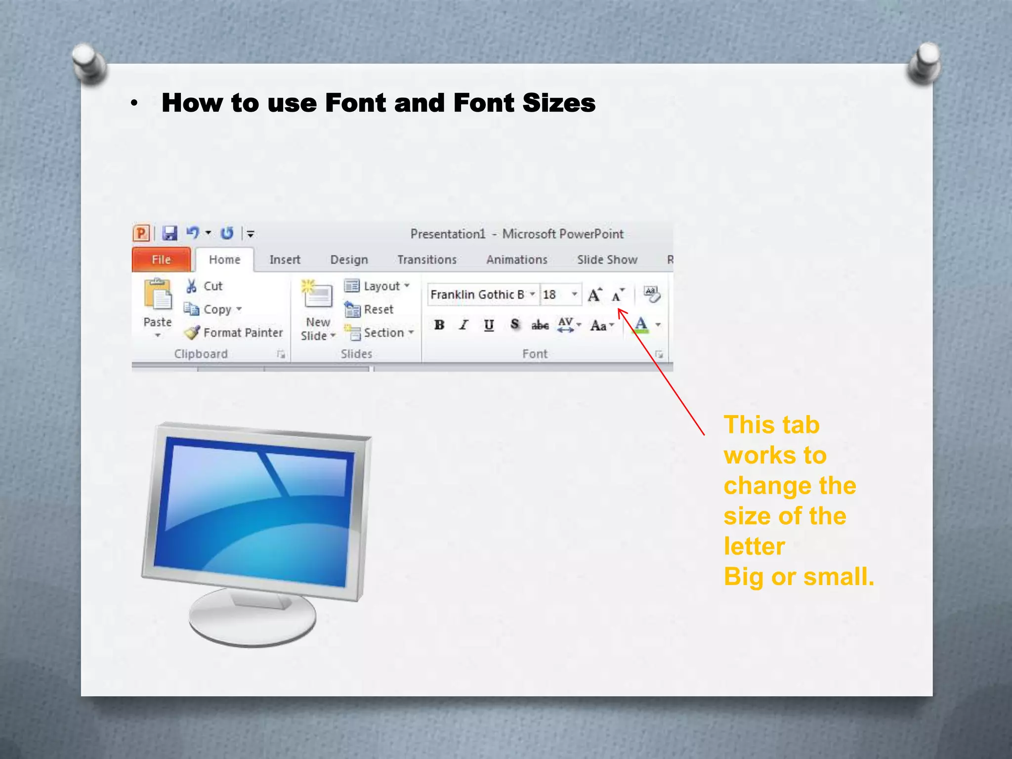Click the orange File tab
tap(161, 259)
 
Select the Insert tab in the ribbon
tap(285, 259)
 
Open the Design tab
tap(349, 259)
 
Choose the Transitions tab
tap(427, 259)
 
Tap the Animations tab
tap(517, 259)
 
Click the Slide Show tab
tap(607, 259)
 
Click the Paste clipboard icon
tap(158, 295)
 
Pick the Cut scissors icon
tap(191, 286)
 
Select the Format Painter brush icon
tap(192, 333)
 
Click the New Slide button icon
tap(317, 294)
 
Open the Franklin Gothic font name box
tap(477, 295)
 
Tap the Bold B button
tap(439, 325)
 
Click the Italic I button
tap(464, 325)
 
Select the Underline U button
tap(489, 325)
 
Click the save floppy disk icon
tap(170, 233)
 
